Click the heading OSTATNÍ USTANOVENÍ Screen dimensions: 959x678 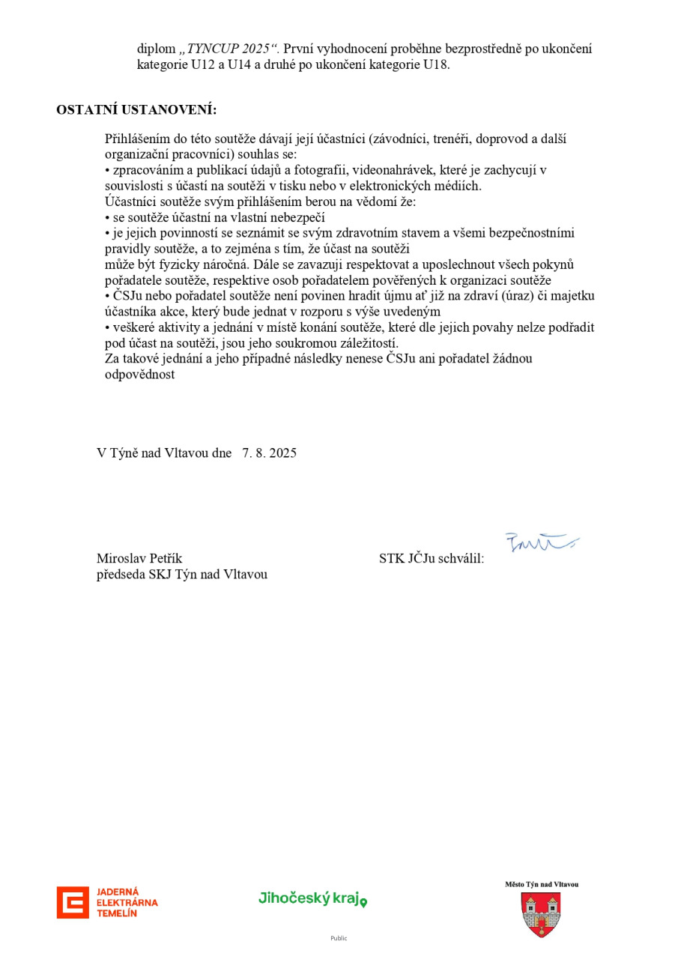(136, 110)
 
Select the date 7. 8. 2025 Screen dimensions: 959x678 (269, 453)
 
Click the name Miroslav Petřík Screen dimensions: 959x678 (139, 558)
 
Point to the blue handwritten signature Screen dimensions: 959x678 (542, 542)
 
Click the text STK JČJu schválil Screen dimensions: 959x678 (432, 558)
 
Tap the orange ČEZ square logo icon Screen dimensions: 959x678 (73, 902)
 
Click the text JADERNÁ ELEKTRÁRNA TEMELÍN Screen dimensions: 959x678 (127, 902)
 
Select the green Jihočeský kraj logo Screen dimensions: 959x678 (312, 898)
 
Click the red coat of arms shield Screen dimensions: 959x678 (541, 913)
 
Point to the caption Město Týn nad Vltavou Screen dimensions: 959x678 (541, 885)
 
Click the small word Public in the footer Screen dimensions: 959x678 (339, 938)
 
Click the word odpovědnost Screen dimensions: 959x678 (140, 375)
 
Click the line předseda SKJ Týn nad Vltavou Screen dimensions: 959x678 (182, 575)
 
